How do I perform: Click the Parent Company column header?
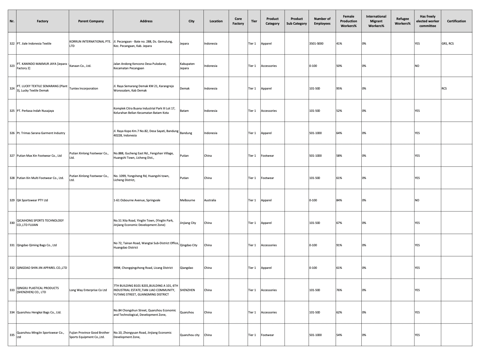click(91, 21)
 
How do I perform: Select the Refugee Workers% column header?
click(402, 21)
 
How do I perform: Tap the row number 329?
click(12, 200)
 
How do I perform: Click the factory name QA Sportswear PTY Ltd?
click(32, 200)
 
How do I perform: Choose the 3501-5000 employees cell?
click(316, 44)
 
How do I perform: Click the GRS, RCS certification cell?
click(448, 44)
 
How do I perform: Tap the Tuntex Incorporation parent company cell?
click(84, 88)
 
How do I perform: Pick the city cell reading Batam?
click(184, 111)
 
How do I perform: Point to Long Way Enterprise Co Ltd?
click(88, 290)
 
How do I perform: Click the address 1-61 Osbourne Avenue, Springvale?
click(137, 200)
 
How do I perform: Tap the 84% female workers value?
click(339, 200)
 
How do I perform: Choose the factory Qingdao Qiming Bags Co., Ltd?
click(37, 245)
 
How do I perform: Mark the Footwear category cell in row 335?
click(267, 335)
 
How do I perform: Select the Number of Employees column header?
click(322, 21)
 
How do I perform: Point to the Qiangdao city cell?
click(187, 268)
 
